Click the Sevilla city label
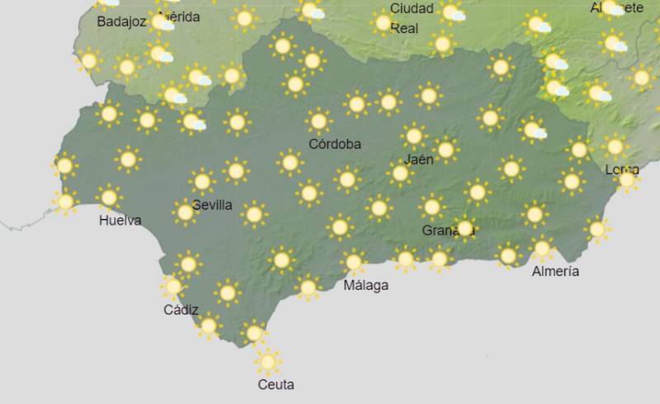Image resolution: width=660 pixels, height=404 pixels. pos(212,205)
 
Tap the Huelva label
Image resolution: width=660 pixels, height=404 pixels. pos(120,221)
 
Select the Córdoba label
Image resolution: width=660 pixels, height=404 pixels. pos(335,144)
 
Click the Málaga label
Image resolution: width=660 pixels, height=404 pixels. pos(365,285)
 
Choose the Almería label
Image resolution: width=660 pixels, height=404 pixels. pos(555,271)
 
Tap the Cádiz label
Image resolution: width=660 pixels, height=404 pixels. pos(181,310)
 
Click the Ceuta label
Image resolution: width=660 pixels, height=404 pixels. pos(276,384)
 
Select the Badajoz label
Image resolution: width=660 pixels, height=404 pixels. pos(121,22)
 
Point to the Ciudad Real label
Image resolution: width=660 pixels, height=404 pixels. pos(411,18)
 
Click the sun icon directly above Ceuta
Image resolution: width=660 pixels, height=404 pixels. pos(266,362)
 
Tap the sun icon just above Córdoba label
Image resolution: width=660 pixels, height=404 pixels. pos(318,121)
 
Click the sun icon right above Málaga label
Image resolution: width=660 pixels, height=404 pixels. pos(354,263)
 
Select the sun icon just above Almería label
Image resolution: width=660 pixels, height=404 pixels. pos(542,247)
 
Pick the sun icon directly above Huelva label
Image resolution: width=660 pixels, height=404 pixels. pos(108,197)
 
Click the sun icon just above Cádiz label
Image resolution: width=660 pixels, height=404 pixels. pos(173,287)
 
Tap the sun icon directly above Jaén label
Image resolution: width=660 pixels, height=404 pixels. pos(414,135)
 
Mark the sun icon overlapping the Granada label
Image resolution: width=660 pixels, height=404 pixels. pos(464,228)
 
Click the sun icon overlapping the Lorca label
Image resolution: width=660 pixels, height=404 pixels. pos(627,178)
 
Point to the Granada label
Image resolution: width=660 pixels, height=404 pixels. pos(444,231)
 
